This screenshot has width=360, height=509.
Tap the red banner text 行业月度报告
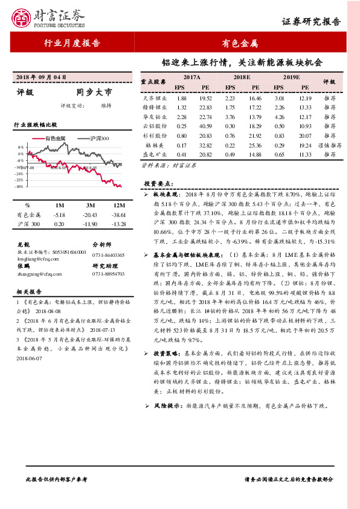(72, 43)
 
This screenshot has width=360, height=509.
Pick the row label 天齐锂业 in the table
(155, 97)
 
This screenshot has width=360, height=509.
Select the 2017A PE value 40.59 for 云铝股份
(205, 126)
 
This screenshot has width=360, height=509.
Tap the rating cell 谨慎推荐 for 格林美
(329, 146)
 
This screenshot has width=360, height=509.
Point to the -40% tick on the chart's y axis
(20, 187)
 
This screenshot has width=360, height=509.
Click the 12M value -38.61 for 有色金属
(119, 215)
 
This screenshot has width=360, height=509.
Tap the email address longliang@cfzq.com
(36, 258)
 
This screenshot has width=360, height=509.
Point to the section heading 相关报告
(27, 291)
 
